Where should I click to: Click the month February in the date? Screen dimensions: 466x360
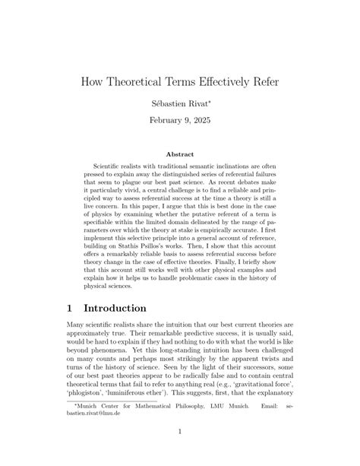pos(168,119)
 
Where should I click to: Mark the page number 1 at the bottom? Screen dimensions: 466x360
pos(180,454)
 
